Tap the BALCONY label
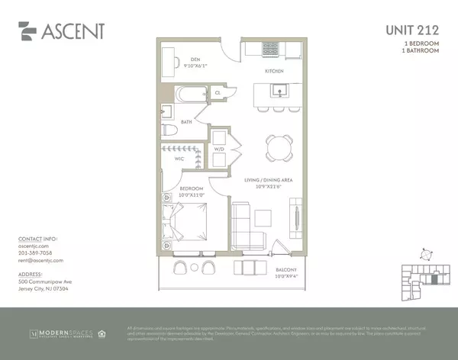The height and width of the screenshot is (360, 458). [266, 269]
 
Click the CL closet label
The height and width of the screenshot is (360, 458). [218, 93]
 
